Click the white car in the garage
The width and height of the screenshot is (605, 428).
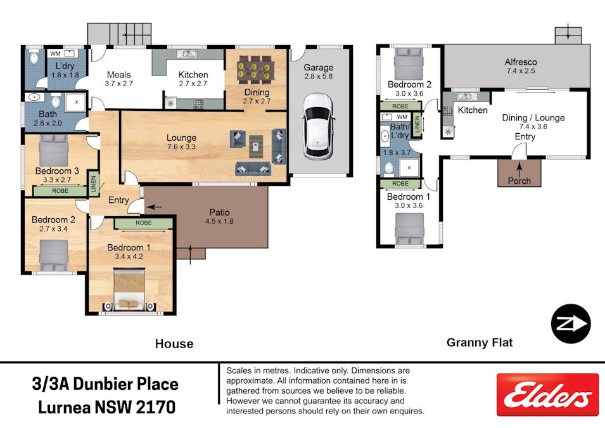pyautogui.click(x=318, y=126)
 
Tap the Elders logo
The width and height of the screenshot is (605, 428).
pyautogui.click(x=547, y=394)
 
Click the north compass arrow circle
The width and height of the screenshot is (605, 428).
pyautogui.click(x=571, y=324)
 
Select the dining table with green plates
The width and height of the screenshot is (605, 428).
pyautogui.click(x=255, y=70)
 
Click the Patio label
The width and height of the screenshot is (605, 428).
pyautogui.click(x=219, y=212)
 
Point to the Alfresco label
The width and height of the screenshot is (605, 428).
pyautogui.click(x=521, y=62)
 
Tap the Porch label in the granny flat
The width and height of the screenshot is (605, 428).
pyautogui.click(x=519, y=181)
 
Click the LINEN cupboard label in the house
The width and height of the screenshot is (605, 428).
pyautogui.click(x=93, y=183)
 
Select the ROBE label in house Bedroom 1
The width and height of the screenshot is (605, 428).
pyautogui.click(x=144, y=223)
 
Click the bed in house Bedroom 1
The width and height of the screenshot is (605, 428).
pyautogui.click(x=129, y=289)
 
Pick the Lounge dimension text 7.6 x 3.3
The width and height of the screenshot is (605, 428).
pyautogui.click(x=181, y=146)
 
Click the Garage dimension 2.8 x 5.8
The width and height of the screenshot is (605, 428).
pyautogui.click(x=318, y=77)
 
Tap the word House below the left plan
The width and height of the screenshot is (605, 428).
pyautogui.click(x=174, y=344)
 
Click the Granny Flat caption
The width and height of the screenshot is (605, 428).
pyautogui.click(x=480, y=342)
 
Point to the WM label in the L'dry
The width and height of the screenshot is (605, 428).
pyautogui.click(x=55, y=54)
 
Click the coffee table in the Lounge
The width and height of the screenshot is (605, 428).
pyautogui.click(x=255, y=146)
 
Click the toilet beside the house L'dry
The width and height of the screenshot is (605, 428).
pyautogui.click(x=34, y=57)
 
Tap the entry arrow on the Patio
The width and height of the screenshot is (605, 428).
pyautogui.click(x=154, y=207)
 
